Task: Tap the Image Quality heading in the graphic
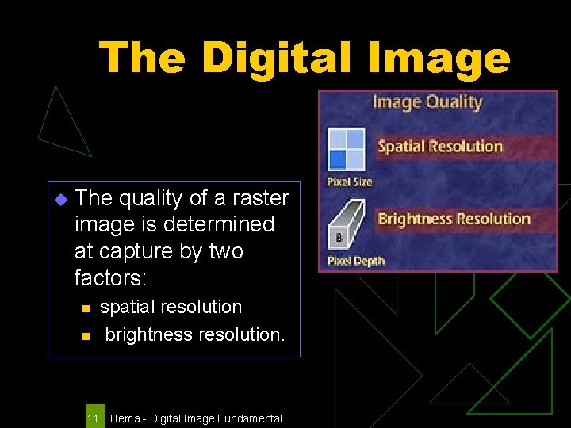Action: (x=427, y=101)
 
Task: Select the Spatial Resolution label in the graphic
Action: (x=440, y=146)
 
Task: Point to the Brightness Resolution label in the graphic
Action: (x=454, y=219)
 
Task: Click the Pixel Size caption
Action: (x=350, y=182)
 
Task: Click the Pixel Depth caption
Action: (x=355, y=261)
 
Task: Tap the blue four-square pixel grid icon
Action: (x=347, y=149)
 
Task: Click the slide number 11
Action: (x=94, y=418)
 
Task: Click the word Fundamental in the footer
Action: (x=246, y=418)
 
